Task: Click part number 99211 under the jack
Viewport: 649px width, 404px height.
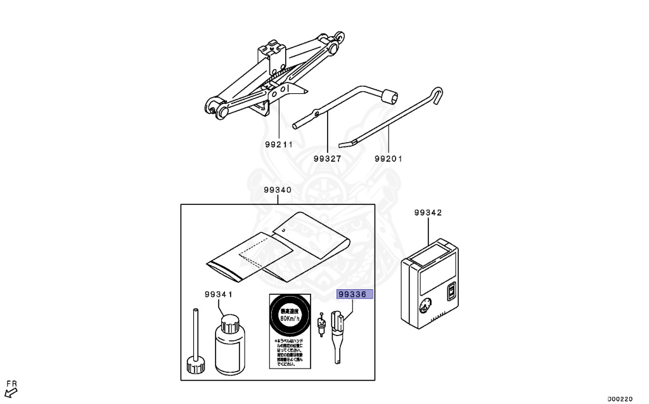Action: pos(279,145)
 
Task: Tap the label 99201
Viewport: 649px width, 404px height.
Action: pos(389,159)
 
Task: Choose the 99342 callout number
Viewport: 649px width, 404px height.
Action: pos(428,213)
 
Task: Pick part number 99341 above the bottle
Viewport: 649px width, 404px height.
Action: pos(219,295)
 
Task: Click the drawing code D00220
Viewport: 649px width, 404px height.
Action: pos(620,399)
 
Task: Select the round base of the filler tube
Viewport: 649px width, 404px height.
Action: pos(195,365)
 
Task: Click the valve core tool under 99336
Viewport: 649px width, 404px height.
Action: pos(337,336)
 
